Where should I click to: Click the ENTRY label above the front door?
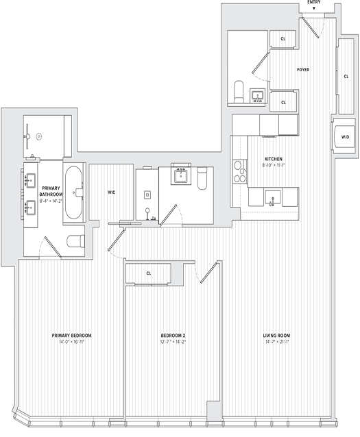coord(313,3)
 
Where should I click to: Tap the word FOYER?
coord(303,70)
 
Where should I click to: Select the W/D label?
coord(345,136)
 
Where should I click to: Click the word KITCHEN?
coord(273,159)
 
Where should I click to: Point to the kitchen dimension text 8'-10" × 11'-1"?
coord(273,166)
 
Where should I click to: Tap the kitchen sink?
coord(273,199)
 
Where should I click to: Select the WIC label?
coord(111,192)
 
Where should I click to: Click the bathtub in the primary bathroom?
coord(74,192)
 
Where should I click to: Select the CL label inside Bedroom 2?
coord(149,273)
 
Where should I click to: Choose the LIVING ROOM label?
coord(278,336)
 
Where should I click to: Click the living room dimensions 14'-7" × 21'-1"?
coord(278,342)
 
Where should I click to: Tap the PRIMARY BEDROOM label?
coord(72,336)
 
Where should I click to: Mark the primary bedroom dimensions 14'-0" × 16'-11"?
coord(72,342)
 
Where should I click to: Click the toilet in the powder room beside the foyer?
coord(239,91)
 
